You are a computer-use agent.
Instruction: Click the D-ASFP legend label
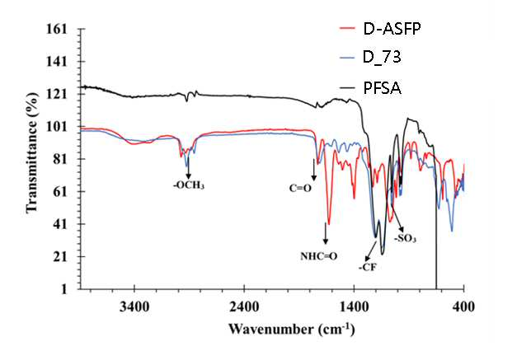[x=392, y=30]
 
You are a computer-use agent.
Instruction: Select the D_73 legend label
[x=382, y=58]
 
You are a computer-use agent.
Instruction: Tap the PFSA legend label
[x=382, y=88]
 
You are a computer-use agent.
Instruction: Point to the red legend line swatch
[x=347, y=29]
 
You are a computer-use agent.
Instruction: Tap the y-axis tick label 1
[x=63, y=289]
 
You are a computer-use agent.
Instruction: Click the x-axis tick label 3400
[x=134, y=306]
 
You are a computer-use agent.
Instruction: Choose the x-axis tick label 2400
[x=244, y=306]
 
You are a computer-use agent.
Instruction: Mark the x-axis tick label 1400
[x=354, y=306]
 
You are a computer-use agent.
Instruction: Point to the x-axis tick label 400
[x=463, y=306]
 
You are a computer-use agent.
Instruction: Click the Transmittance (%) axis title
[x=32, y=152]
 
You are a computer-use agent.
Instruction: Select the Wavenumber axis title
[x=292, y=329]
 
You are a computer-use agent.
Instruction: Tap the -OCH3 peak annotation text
[x=189, y=185]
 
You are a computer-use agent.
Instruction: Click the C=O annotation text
[x=300, y=189]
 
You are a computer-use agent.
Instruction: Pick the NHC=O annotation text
[x=319, y=256]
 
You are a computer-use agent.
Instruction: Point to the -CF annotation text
[x=367, y=267]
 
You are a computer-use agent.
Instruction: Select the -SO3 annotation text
[x=405, y=238]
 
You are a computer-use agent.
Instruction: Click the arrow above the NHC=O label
[x=326, y=233]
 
